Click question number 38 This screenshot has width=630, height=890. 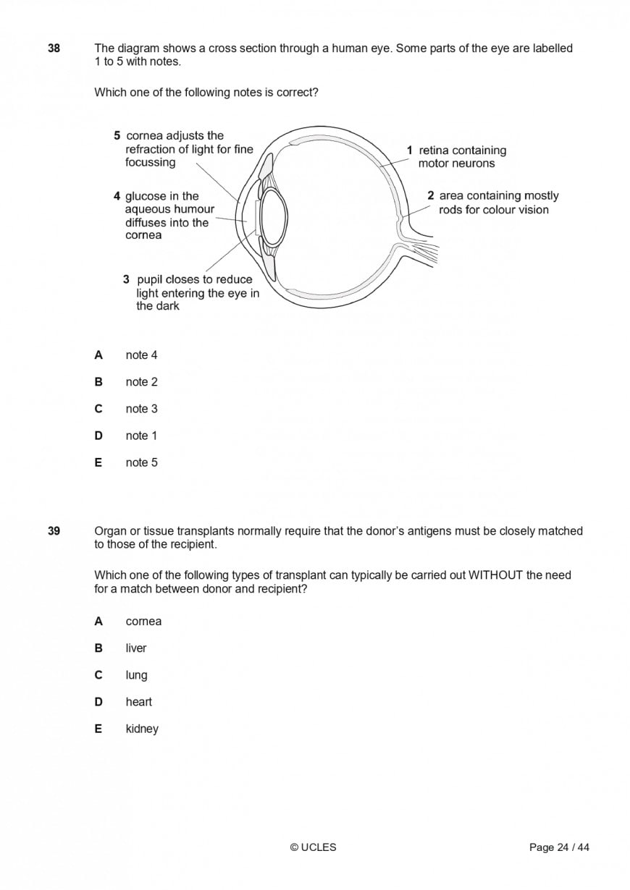point(54,48)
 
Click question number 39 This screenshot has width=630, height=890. point(54,531)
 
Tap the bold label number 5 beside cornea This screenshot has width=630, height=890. point(117,135)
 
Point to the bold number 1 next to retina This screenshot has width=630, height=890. point(409,151)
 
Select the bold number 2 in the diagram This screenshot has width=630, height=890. point(431,195)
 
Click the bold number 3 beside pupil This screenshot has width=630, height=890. point(126,279)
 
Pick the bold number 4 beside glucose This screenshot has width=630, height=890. point(117,196)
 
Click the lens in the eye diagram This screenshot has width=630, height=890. point(274,216)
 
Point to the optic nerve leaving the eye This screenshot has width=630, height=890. point(424,250)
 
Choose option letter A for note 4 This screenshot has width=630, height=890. point(98,355)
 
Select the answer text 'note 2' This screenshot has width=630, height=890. point(141,382)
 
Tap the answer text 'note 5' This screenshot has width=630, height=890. point(141,462)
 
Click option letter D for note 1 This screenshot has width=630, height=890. point(98,436)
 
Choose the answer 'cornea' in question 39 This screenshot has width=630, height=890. point(143,622)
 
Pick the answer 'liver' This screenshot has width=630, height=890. point(136,648)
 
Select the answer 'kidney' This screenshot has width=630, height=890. point(142,729)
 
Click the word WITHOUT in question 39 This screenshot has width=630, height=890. point(496,575)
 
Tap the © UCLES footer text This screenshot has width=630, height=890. point(314,847)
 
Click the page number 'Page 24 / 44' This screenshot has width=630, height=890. point(559,847)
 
